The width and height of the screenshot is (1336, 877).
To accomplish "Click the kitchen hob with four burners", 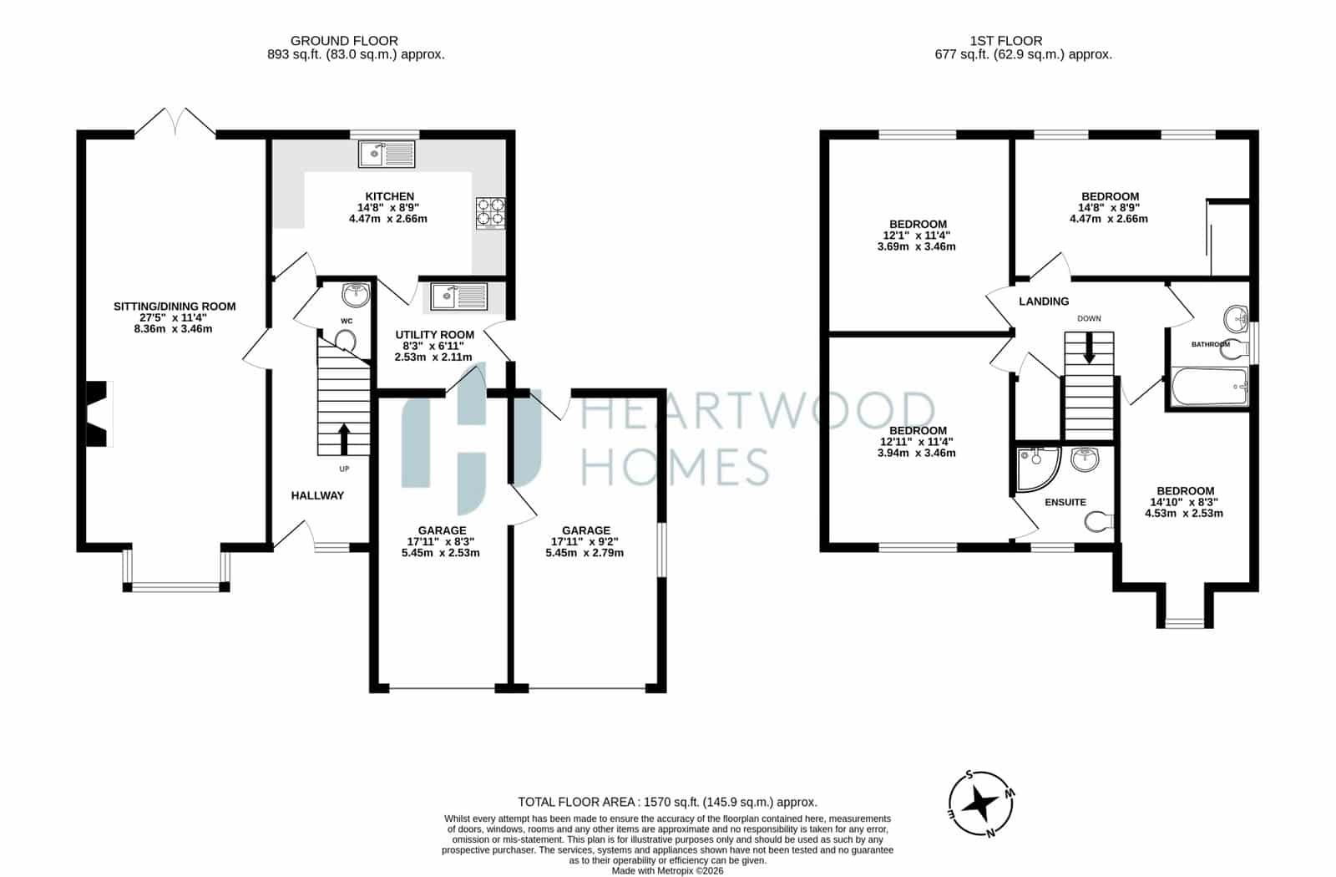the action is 490,213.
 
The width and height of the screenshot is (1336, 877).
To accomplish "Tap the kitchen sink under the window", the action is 387,154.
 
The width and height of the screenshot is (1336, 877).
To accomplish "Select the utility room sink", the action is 458,297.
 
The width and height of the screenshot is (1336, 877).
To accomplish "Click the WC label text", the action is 347,321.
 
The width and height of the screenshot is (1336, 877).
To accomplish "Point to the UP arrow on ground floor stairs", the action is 343,439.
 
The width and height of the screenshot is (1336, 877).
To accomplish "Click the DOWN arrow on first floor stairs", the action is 1089,347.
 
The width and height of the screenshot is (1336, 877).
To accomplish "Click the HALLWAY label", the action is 317,495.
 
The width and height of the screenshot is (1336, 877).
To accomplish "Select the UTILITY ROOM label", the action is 435,335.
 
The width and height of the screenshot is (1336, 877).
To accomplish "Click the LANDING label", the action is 1044,302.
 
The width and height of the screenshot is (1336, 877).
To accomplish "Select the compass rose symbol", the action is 981,804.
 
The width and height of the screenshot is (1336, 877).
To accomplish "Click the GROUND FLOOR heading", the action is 344,41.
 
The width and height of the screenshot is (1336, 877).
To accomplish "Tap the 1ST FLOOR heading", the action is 1006,41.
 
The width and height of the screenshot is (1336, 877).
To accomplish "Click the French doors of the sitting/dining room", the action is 175,122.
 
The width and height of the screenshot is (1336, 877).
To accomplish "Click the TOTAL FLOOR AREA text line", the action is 667,802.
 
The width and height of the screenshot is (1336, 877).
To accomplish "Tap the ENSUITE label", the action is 1065,502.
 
